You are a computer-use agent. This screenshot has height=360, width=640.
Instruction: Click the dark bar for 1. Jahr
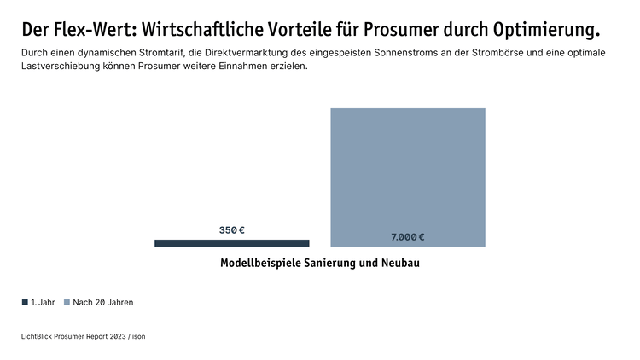pyautogui.click(x=231, y=243)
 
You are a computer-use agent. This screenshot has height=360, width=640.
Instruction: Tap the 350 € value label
pyautogui.click(x=232, y=230)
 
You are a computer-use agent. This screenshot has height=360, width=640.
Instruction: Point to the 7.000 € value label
pyautogui.click(x=408, y=237)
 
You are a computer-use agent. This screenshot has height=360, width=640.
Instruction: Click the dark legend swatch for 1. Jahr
pyautogui.click(x=25, y=302)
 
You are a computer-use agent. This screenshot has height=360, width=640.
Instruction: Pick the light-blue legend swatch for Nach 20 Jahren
pyautogui.click(x=67, y=302)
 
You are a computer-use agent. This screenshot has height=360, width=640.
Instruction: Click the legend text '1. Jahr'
pyautogui.click(x=43, y=302)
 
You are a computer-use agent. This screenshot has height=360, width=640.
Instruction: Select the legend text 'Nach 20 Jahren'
pyautogui.click(x=103, y=302)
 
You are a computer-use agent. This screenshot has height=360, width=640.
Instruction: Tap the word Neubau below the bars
pyautogui.click(x=399, y=263)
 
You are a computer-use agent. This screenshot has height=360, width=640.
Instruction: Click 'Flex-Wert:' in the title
pyautogui.click(x=90, y=30)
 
